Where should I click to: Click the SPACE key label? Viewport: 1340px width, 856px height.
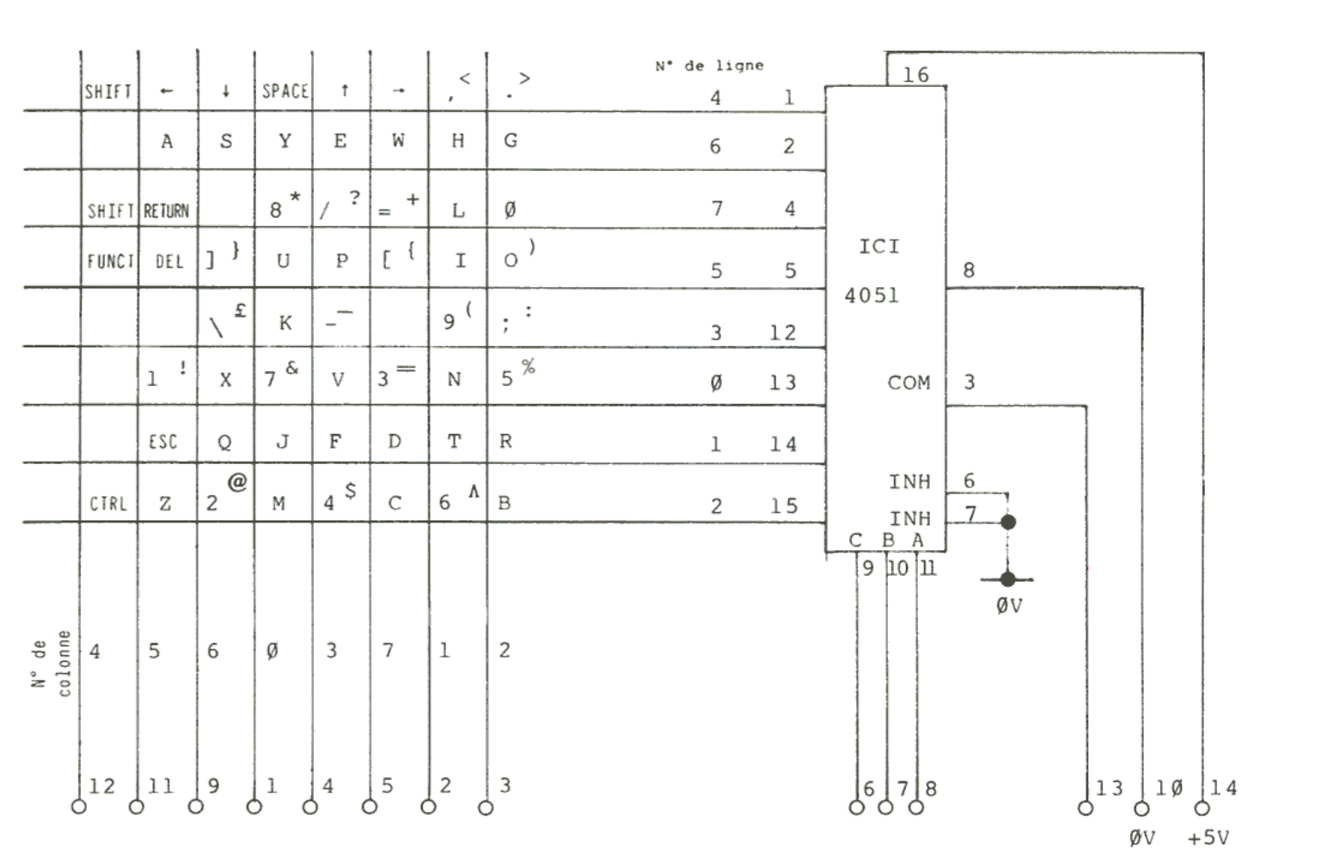pyautogui.click(x=285, y=91)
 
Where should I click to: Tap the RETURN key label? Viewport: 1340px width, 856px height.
pyautogui.click(x=166, y=211)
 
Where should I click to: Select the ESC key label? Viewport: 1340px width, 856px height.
pyautogui.click(x=163, y=442)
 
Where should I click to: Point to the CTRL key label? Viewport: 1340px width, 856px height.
pyautogui.click(x=108, y=504)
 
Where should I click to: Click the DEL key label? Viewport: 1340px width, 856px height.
pyautogui.click(x=169, y=261)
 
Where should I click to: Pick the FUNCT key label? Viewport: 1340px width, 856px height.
pyautogui.click(x=110, y=261)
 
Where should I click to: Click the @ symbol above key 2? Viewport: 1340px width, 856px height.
pyautogui.click(x=237, y=482)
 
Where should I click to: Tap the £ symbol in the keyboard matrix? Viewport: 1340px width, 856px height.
pyautogui.click(x=240, y=311)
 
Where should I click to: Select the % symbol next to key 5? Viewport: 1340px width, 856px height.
pyautogui.click(x=528, y=367)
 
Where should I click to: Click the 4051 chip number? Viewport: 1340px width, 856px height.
pyautogui.click(x=872, y=296)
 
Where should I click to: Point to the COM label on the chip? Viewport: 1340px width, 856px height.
pyautogui.click(x=909, y=382)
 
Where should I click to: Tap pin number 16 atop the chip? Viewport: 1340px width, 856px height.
pyautogui.click(x=915, y=75)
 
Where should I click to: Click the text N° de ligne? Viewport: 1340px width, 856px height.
pyautogui.click(x=709, y=65)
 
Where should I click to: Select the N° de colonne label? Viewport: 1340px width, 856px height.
pyautogui.click(x=52, y=662)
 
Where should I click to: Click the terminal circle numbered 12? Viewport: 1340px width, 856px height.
pyautogui.click(x=79, y=807)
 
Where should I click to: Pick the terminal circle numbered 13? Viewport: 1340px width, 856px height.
pyautogui.click(x=1086, y=808)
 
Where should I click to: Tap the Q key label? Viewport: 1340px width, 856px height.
pyautogui.click(x=224, y=442)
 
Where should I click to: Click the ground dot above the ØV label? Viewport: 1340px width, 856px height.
pyautogui.click(x=1008, y=579)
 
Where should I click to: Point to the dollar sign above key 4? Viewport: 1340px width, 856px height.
pyautogui.click(x=350, y=490)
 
